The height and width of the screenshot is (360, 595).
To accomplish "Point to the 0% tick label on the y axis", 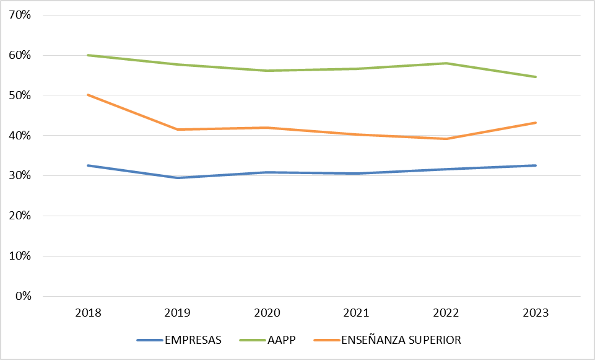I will click(x=23, y=296).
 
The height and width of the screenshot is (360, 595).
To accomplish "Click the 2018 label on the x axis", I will click(x=88, y=313).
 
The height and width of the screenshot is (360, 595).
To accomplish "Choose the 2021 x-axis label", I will click(x=357, y=313).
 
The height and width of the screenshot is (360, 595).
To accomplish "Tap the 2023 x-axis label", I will click(x=536, y=313).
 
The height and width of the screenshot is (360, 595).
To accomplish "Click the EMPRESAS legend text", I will click(x=193, y=340).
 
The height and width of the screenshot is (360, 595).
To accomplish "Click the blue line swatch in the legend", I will click(x=149, y=340).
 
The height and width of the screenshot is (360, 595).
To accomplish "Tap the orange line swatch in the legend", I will click(x=327, y=340).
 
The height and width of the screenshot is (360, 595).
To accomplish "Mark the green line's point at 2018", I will click(x=88, y=55).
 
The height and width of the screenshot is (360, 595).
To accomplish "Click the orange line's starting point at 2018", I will click(x=88, y=95).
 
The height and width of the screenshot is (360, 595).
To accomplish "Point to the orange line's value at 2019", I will click(x=178, y=130).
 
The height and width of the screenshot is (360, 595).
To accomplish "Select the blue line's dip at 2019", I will click(x=178, y=178).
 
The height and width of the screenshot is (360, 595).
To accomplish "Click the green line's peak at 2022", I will click(x=446, y=63).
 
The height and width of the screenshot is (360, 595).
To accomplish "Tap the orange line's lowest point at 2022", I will click(x=446, y=139).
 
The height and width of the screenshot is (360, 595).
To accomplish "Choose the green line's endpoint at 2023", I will click(x=536, y=77).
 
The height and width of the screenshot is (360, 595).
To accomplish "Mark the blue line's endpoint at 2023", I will click(x=536, y=165).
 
